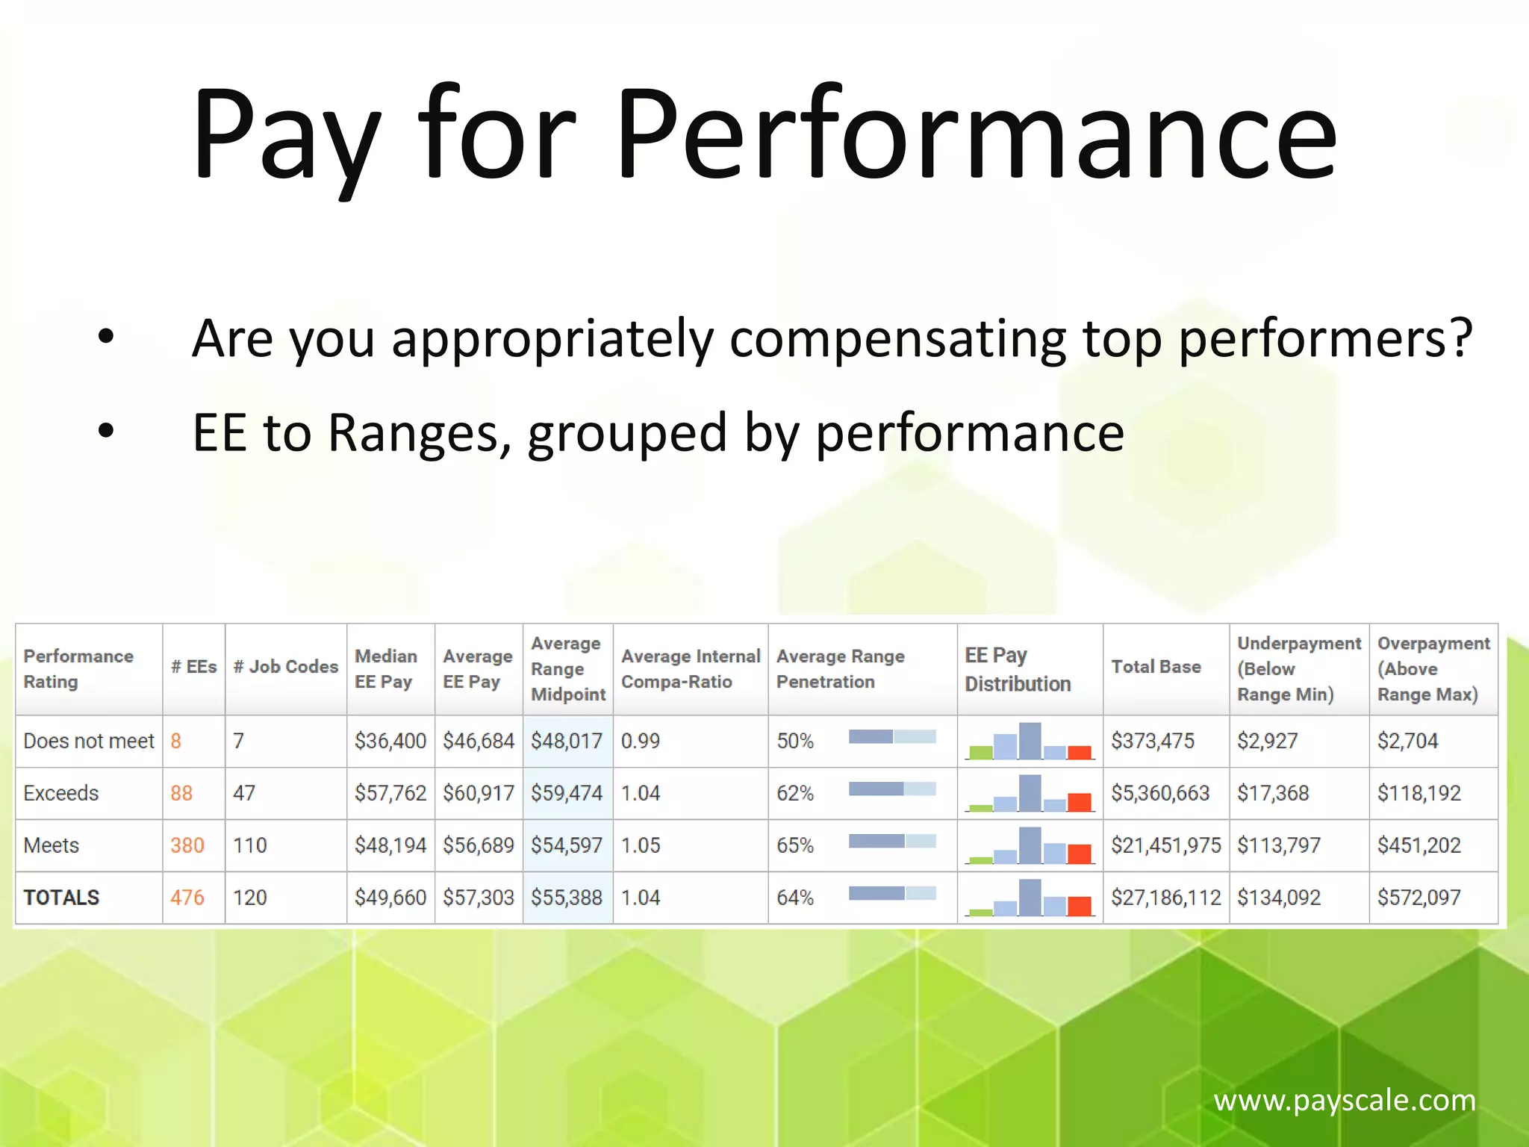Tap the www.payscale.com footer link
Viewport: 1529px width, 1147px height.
pos(1344,1100)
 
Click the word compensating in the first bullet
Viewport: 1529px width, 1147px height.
pos(897,338)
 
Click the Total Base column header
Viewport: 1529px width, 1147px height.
pos(1156,667)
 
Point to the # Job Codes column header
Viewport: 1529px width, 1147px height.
pos(285,667)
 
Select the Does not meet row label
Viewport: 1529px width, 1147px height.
pos(88,741)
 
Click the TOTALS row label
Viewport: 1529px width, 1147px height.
pos(61,898)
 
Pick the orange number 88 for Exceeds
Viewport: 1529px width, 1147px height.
pos(181,793)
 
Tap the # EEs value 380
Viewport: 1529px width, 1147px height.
pos(187,845)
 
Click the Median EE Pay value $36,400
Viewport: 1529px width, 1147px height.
pos(390,741)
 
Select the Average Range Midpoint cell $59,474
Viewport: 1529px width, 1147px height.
pos(567,793)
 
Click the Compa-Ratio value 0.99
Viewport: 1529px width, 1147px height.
pos(641,741)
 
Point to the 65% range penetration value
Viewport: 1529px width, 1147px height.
pos(795,845)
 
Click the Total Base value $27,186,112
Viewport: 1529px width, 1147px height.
pos(1165,898)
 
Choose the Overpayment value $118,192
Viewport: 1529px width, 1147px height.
pos(1419,793)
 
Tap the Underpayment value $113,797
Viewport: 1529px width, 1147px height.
pos(1279,845)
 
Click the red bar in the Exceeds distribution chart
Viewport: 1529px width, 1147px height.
pos(1080,802)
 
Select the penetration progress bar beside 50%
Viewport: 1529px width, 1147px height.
pos(892,737)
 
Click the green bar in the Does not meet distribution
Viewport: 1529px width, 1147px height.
pos(980,752)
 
